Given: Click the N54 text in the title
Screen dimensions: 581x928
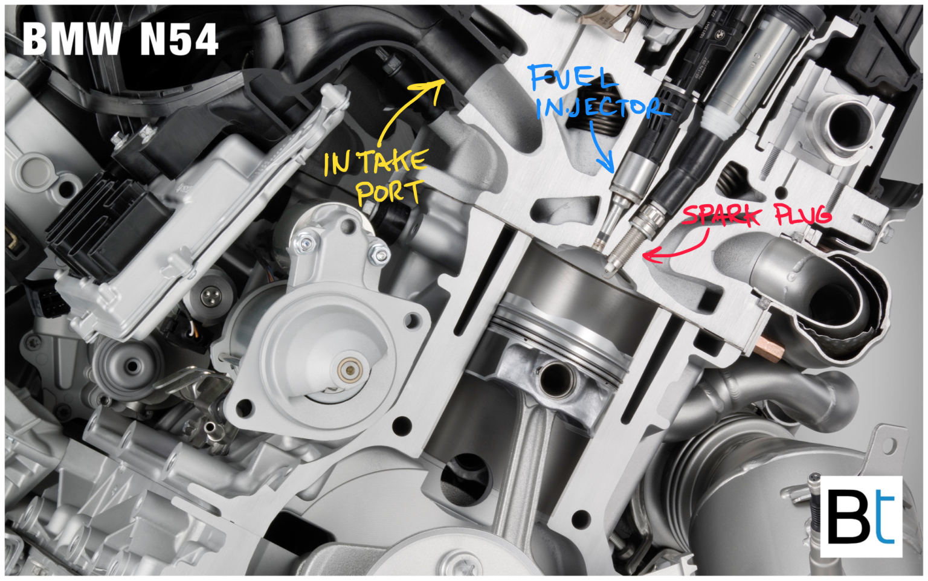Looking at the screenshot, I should pyautogui.click(x=179, y=40).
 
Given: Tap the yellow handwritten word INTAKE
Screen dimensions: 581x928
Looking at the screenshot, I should pyautogui.click(x=375, y=162).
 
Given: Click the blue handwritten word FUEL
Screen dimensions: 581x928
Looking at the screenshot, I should pyautogui.click(x=573, y=77).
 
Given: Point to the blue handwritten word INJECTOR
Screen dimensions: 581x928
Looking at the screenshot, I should pyautogui.click(x=601, y=108).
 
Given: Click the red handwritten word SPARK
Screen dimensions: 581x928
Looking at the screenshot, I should pyautogui.click(x=721, y=215).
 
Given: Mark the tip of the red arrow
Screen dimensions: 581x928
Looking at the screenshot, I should pyautogui.click(x=644, y=256).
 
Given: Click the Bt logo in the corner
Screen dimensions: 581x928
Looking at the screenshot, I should pyautogui.click(x=860, y=516).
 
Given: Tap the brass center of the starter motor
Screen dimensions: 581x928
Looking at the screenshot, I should pyautogui.click(x=349, y=368).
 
